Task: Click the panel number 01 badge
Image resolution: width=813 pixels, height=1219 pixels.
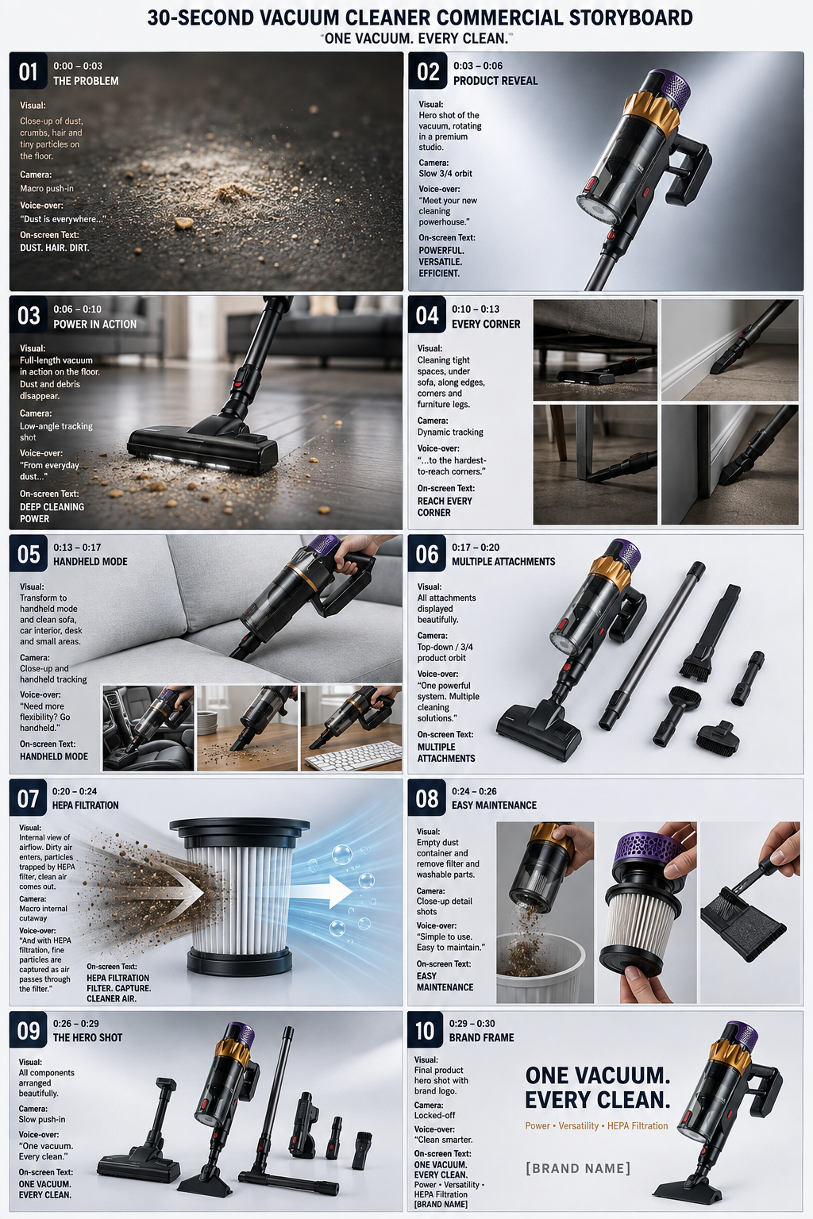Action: tap(29, 71)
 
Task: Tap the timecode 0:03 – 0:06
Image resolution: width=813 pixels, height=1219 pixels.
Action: tap(478, 66)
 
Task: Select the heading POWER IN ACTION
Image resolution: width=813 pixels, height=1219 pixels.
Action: tap(94, 325)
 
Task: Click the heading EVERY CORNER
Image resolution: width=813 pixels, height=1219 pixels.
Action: tap(486, 325)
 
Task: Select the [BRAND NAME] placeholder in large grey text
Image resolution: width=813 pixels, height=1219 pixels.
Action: tap(578, 1168)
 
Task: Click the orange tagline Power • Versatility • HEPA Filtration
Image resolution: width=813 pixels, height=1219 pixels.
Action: tap(596, 1125)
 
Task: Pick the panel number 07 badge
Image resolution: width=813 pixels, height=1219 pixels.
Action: tap(29, 799)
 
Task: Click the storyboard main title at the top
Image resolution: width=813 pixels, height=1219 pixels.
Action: tap(420, 17)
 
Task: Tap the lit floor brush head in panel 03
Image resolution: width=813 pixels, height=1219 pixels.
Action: tap(202, 446)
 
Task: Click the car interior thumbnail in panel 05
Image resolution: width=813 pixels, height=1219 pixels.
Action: tap(148, 728)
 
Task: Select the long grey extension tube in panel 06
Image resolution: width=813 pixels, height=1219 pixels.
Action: tap(653, 646)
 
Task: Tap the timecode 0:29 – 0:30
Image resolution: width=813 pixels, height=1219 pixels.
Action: tap(472, 1024)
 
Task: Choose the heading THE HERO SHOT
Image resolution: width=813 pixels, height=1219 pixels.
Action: tap(87, 1038)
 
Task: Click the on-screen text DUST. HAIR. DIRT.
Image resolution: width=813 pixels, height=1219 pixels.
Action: tap(55, 248)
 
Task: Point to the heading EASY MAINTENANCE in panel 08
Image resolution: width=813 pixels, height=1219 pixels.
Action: tap(494, 806)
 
